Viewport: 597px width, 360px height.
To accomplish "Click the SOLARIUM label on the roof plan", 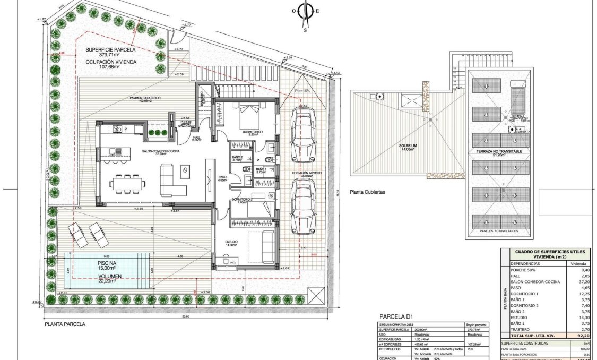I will click(409, 146).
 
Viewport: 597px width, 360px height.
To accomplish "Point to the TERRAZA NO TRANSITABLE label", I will click(499, 152).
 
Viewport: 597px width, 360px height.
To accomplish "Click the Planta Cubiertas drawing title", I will click(367, 193).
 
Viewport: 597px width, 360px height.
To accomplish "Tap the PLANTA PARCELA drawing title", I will click(65, 324).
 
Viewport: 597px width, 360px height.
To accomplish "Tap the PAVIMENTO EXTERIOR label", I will click(145, 98).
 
